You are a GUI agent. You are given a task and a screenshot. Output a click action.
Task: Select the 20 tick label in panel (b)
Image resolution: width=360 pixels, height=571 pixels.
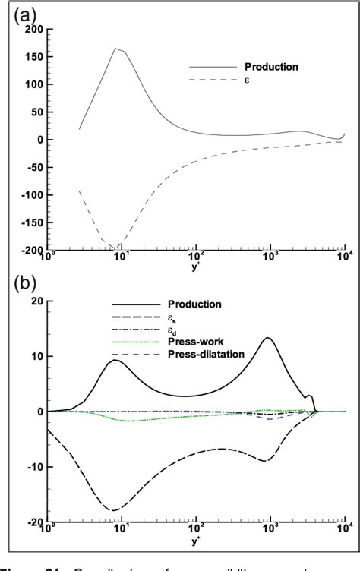33,301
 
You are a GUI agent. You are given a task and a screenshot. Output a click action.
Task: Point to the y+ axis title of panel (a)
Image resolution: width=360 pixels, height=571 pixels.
196,265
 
